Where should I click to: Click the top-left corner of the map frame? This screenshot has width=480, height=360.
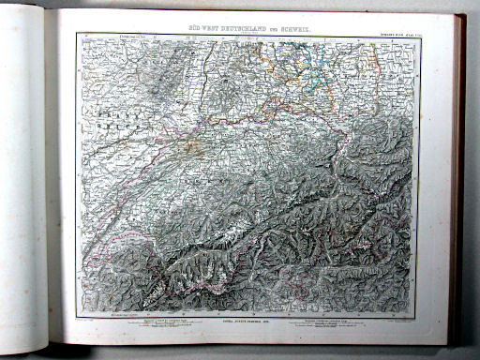point(79,36)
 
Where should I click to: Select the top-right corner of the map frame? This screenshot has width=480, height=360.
point(420,37)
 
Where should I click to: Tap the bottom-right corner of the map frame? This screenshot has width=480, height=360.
point(420,314)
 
